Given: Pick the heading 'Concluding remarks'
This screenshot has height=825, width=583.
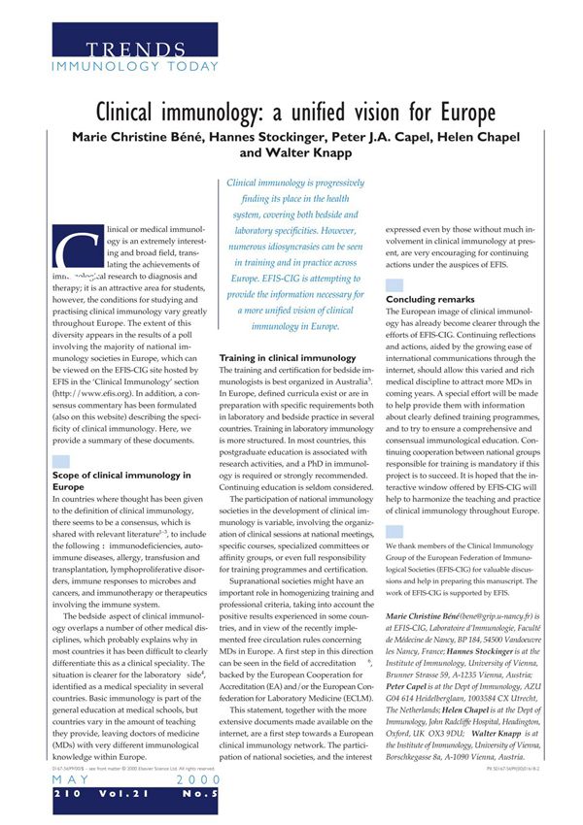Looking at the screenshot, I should (x=429, y=299).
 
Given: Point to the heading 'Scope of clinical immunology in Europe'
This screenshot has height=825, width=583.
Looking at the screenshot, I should (x=120, y=480).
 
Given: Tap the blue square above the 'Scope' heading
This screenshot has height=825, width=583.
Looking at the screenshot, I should (x=60, y=461).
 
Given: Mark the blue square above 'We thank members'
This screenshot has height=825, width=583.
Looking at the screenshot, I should (x=394, y=532).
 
